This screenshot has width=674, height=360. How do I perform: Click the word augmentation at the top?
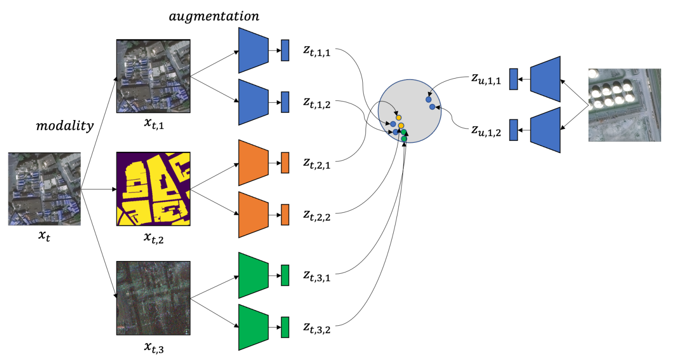coord(214,16)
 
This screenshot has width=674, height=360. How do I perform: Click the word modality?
coord(65,126)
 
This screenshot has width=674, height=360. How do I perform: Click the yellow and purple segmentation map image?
coord(153,189)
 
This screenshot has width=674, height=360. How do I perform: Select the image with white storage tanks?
coord(624,105)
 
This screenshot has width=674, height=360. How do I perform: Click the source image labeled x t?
coord(44,189)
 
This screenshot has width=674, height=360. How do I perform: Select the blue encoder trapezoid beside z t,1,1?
coord(253,50)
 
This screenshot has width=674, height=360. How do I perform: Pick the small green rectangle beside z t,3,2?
coord(285,327)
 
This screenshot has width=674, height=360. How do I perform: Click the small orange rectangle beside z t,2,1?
coord(285,163)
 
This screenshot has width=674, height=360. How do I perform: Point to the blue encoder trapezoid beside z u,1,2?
coord(545,130)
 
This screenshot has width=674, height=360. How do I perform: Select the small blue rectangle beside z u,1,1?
coord(513,79)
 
